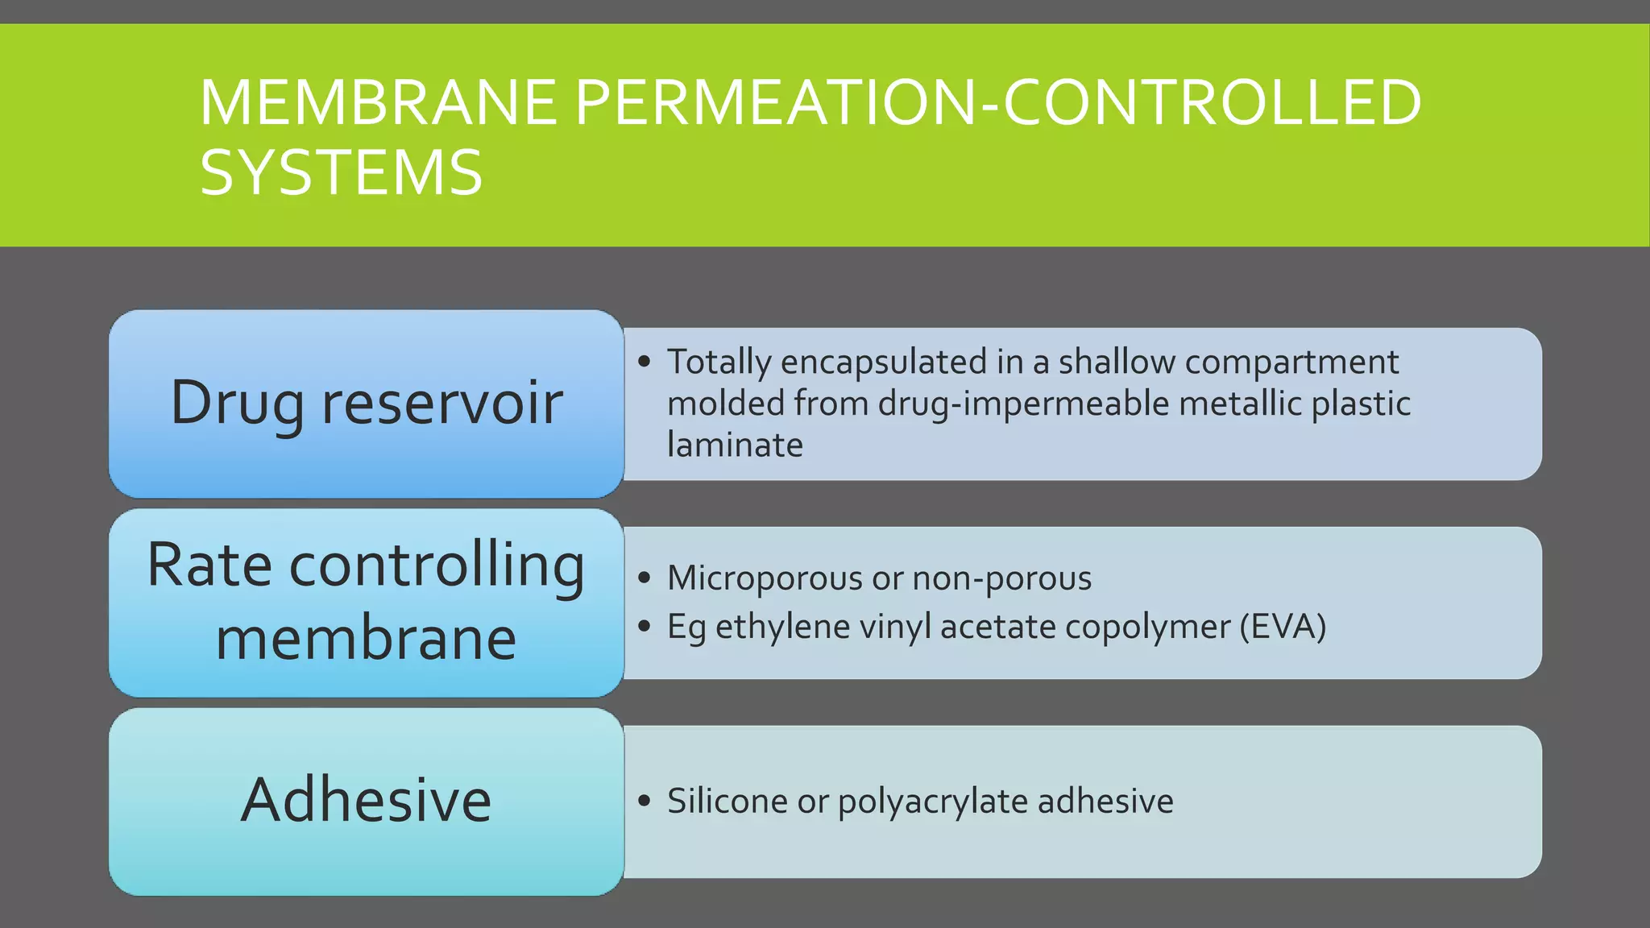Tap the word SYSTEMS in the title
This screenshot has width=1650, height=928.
click(x=341, y=173)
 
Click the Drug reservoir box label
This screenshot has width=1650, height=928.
click(x=367, y=402)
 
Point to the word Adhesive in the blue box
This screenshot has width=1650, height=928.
click(x=367, y=800)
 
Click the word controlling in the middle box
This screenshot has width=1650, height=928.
click(x=437, y=565)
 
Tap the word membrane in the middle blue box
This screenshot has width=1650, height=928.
click(x=367, y=639)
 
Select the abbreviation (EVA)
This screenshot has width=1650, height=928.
click(x=1283, y=627)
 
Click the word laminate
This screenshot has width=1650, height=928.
click(x=735, y=445)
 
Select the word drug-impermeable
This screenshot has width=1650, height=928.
click(x=1023, y=404)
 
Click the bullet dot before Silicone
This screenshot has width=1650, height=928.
click(x=644, y=801)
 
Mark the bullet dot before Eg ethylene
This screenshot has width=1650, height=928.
click(x=644, y=626)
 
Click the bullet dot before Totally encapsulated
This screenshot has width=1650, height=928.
click(x=644, y=362)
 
